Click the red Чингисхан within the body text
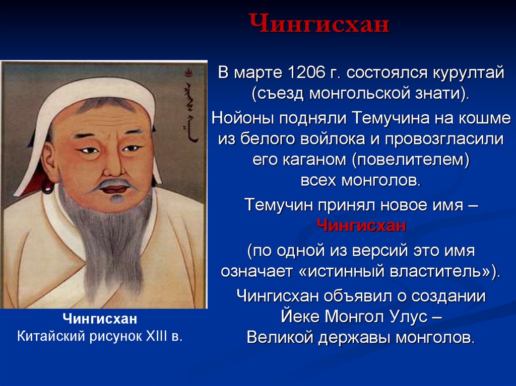361,226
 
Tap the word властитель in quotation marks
437,271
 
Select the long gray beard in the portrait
108,237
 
